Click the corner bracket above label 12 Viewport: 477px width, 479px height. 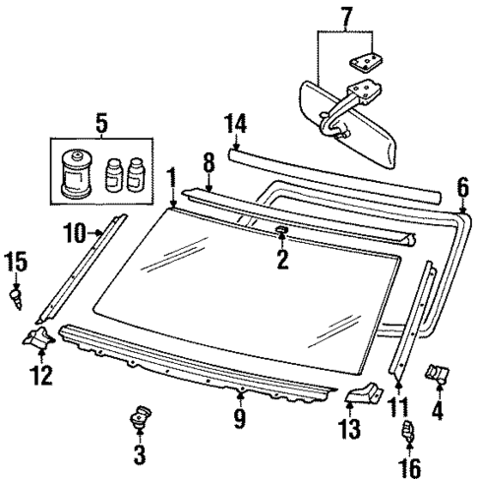click(x=39, y=340)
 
